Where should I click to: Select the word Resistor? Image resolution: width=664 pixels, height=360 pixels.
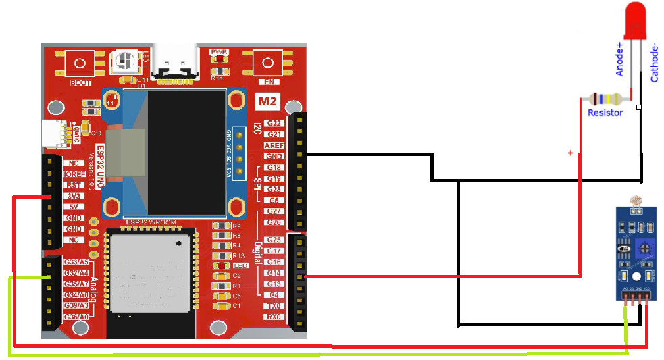(605, 113)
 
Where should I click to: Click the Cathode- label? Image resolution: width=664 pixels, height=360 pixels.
(654, 63)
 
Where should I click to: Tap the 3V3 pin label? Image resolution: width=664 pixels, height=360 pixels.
(73, 196)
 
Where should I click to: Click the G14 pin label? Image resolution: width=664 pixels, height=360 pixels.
(274, 273)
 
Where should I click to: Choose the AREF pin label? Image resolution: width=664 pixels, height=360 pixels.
(274, 145)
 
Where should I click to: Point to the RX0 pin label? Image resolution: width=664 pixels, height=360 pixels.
(274, 316)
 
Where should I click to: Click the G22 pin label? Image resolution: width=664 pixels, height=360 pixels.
(274, 124)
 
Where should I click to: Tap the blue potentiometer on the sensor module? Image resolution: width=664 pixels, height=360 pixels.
(645, 249)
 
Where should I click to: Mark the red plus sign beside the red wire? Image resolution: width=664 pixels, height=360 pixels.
(570, 153)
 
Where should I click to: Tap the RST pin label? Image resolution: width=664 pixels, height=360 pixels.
(73, 185)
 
